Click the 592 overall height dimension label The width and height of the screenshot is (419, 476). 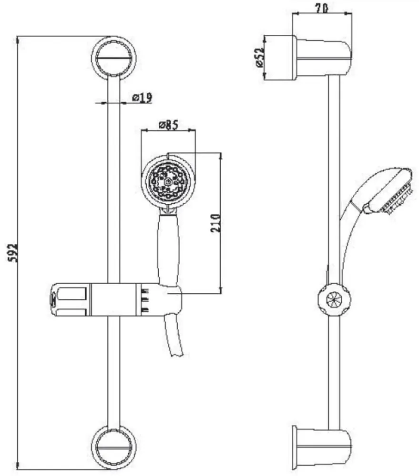13,252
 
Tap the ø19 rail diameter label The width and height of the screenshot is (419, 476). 142,98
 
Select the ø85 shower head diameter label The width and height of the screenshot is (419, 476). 168,125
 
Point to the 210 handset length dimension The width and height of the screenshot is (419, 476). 215,223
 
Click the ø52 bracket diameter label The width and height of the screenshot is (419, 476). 259,58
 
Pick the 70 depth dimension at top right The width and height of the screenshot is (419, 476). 321,8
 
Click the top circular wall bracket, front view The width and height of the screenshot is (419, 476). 114,58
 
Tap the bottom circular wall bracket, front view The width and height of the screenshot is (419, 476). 114,447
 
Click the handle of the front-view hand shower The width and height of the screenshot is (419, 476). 168,249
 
